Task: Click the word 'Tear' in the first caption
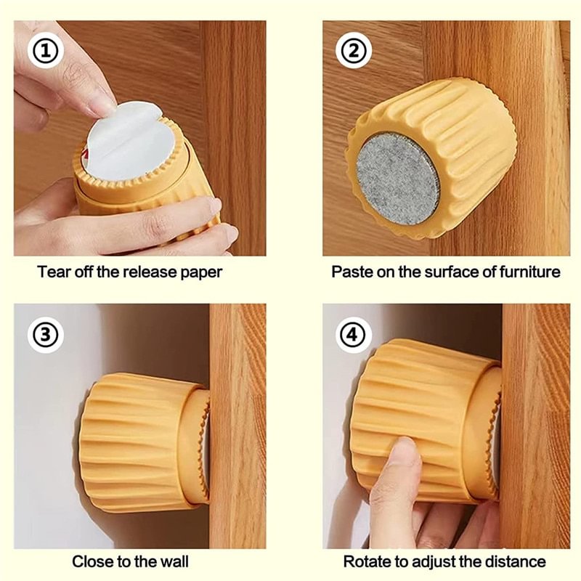pos(53,272)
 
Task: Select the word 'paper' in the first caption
pos(203,272)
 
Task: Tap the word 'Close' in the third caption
pos(90,561)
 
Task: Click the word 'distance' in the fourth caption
pos(519,561)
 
